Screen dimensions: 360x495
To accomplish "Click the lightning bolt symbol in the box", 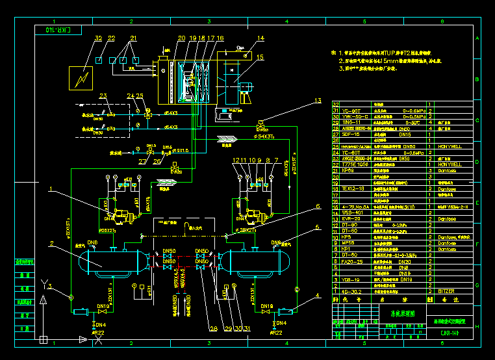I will (x=82, y=78).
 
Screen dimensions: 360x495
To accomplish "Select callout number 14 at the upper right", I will (x=260, y=38).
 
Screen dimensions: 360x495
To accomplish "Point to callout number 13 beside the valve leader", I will (x=318, y=101).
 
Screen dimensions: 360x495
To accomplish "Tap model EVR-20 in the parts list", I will (x=350, y=218).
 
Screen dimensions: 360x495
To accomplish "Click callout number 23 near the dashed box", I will (x=103, y=96).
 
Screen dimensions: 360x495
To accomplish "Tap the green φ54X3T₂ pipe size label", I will (x=267, y=137).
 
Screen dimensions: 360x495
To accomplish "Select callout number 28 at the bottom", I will (x=213, y=328).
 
